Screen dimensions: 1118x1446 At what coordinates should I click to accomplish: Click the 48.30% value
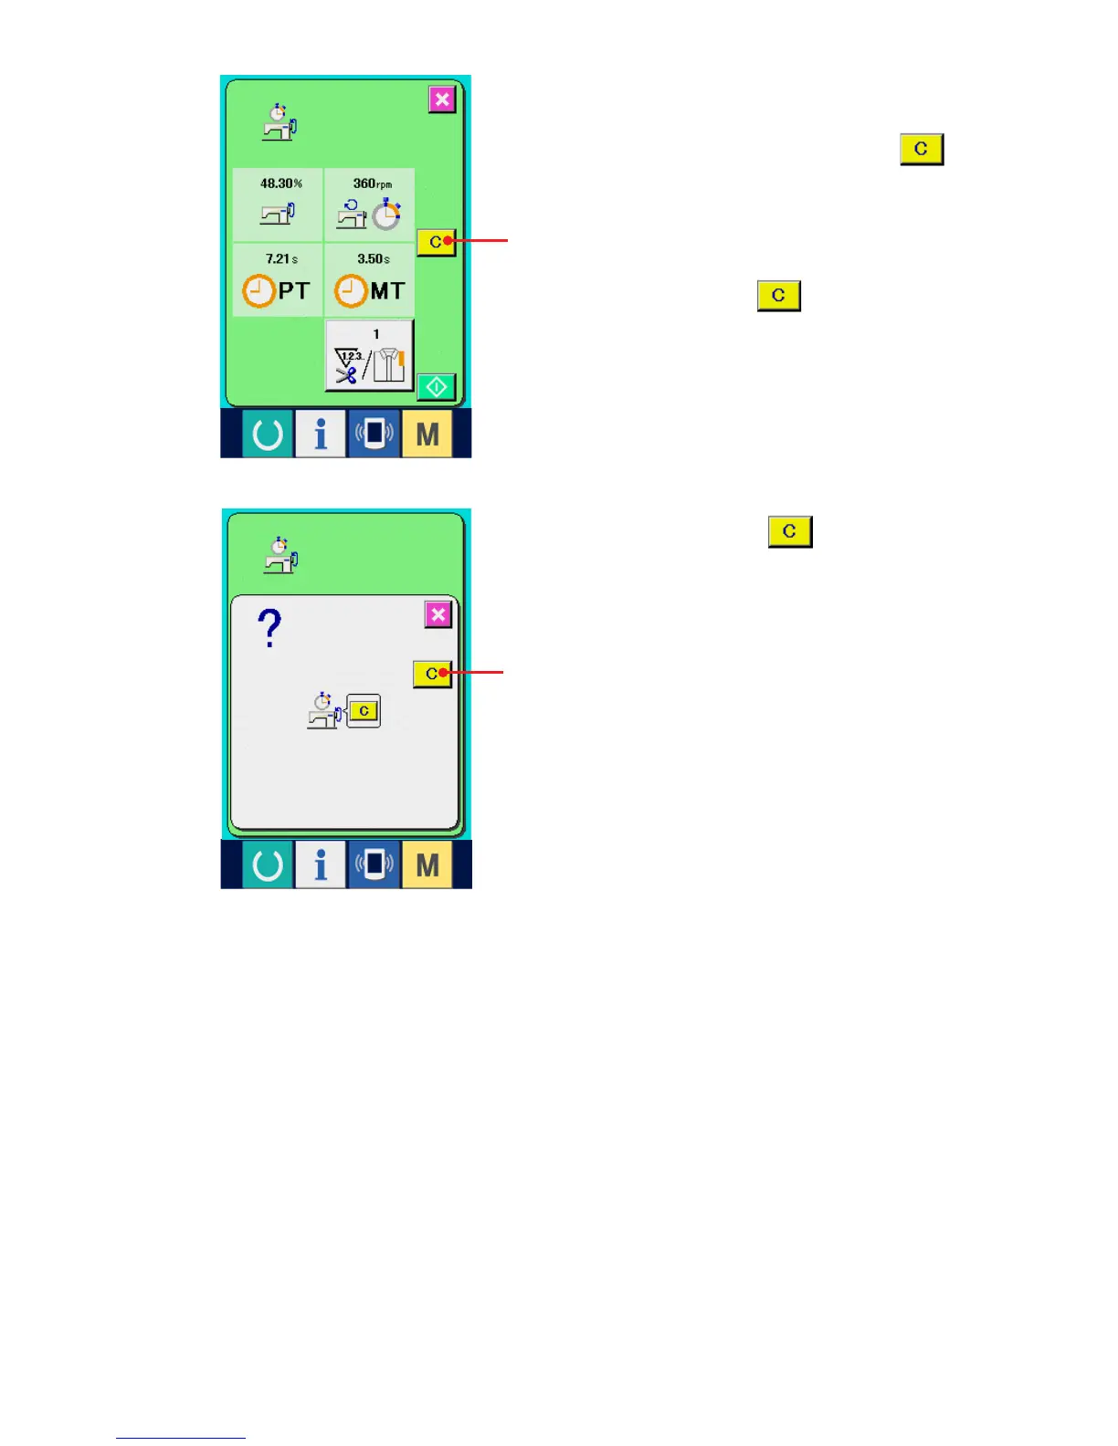[280, 183]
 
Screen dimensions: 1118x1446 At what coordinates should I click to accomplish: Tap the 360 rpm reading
[372, 183]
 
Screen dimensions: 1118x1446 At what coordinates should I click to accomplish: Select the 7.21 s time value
[281, 259]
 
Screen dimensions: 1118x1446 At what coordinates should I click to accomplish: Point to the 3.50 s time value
[373, 259]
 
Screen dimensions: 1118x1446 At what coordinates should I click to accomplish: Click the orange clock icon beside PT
[258, 291]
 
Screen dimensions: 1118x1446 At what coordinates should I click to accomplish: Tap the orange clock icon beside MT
[350, 291]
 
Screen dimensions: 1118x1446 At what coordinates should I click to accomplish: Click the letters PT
[294, 291]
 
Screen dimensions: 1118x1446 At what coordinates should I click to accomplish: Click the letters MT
[387, 291]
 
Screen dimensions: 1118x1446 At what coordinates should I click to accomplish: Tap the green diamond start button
[436, 387]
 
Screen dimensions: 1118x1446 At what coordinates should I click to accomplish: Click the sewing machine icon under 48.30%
[278, 214]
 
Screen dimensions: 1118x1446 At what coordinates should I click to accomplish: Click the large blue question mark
[269, 629]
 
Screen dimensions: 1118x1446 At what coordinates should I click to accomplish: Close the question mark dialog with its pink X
[438, 614]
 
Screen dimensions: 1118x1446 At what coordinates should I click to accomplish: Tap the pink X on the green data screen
[442, 100]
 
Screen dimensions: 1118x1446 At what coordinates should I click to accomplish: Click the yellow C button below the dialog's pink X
[432, 674]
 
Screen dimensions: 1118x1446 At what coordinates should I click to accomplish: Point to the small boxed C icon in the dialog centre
[364, 710]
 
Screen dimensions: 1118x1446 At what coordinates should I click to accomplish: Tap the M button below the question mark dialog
[427, 864]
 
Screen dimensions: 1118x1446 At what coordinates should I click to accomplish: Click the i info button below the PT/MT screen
[320, 435]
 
